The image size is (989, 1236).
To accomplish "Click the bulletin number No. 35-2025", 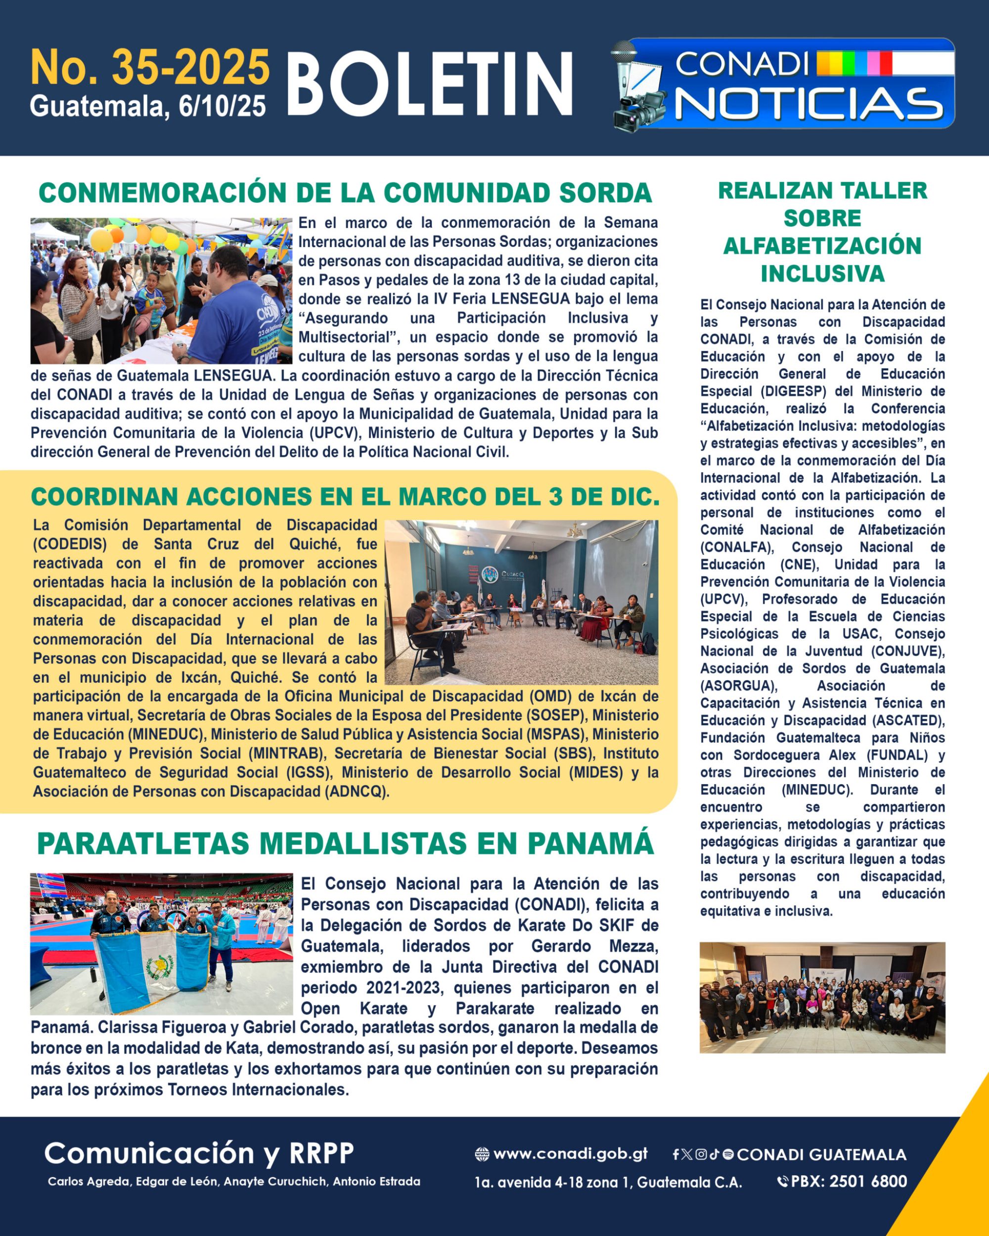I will pyautogui.click(x=150, y=68).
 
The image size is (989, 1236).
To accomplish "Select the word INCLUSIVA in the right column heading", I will pyautogui.click(x=822, y=273).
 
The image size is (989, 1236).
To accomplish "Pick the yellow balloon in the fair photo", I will pyautogui.click(x=101, y=240).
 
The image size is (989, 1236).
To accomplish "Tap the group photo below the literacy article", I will pyautogui.click(x=822, y=998).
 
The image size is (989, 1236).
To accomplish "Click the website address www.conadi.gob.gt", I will pyautogui.click(x=570, y=1154).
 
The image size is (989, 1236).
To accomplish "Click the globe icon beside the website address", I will pyautogui.click(x=482, y=1154).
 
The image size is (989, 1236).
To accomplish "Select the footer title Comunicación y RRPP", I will pyautogui.click(x=198, y=1153).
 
